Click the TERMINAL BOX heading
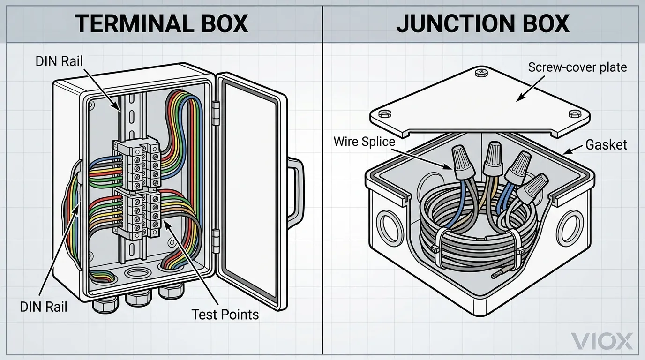pyautogui.click(x=161, y=22)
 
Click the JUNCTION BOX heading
pyautogui.click(x=483, y=22)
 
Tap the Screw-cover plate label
pyautogui.click(x=577, y=67)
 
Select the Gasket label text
pyautogui.click(x=606, y=144)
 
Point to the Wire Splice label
pyautogui.click(x=364, y=141)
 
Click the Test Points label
pyautogui.click(x=225, y=314)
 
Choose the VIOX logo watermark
pyautogui.click(x=603, y=341)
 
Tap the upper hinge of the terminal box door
pyautogui.click(x=216, y=112)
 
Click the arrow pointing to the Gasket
pyautogui.click(x=572, y=149)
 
